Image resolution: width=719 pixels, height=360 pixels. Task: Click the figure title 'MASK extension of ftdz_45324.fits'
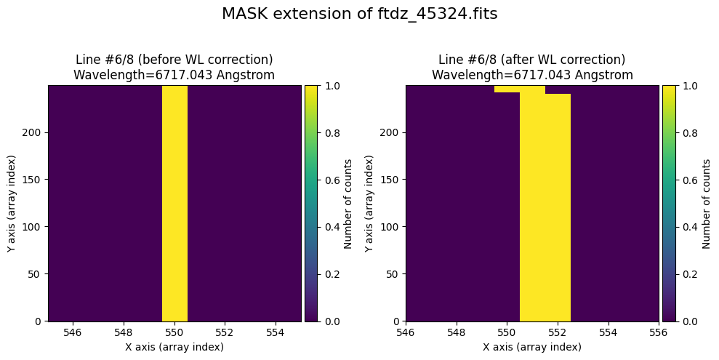coord(359,15)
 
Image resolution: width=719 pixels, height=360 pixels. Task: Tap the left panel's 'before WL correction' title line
coord(174,60)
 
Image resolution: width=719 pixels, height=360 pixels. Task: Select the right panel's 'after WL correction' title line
coord(532,60)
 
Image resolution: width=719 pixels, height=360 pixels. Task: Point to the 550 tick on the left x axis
coord(174,332)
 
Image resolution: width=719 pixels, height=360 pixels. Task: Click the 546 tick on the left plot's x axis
coord(73,332)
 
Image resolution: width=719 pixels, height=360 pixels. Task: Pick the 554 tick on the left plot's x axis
coord(276,332)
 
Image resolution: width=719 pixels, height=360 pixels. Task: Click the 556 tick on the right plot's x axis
coord(659,332)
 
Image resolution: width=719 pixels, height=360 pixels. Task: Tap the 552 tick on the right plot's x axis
coord(558,332)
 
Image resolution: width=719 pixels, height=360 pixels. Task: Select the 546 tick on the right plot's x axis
coord(406,332)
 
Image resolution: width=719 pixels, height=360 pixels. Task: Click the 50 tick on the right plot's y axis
coord(395,274)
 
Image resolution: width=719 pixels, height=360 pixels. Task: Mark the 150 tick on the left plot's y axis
coord(34,180)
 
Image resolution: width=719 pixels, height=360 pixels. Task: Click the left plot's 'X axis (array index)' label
coord(174,347)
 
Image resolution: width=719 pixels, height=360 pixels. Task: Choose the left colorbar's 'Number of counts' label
coord(348,204)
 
